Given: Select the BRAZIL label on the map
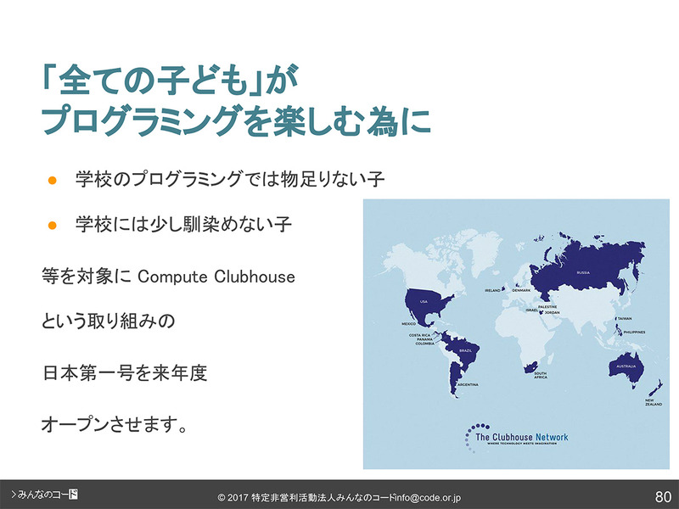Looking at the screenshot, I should pos(464,350).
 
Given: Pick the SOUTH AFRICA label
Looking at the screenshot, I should pos(541,376).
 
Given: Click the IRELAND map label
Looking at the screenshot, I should pos(493,290).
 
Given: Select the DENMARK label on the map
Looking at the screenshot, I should pos(520,290).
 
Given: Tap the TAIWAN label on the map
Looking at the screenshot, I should pos(625,318).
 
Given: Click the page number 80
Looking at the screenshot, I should pos(663,495).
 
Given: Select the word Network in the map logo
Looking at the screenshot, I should pos(553,437).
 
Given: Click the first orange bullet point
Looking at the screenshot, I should pos(52,180).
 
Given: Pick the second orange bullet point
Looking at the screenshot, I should pos(52,225).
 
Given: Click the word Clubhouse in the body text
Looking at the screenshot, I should pos(257,277).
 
